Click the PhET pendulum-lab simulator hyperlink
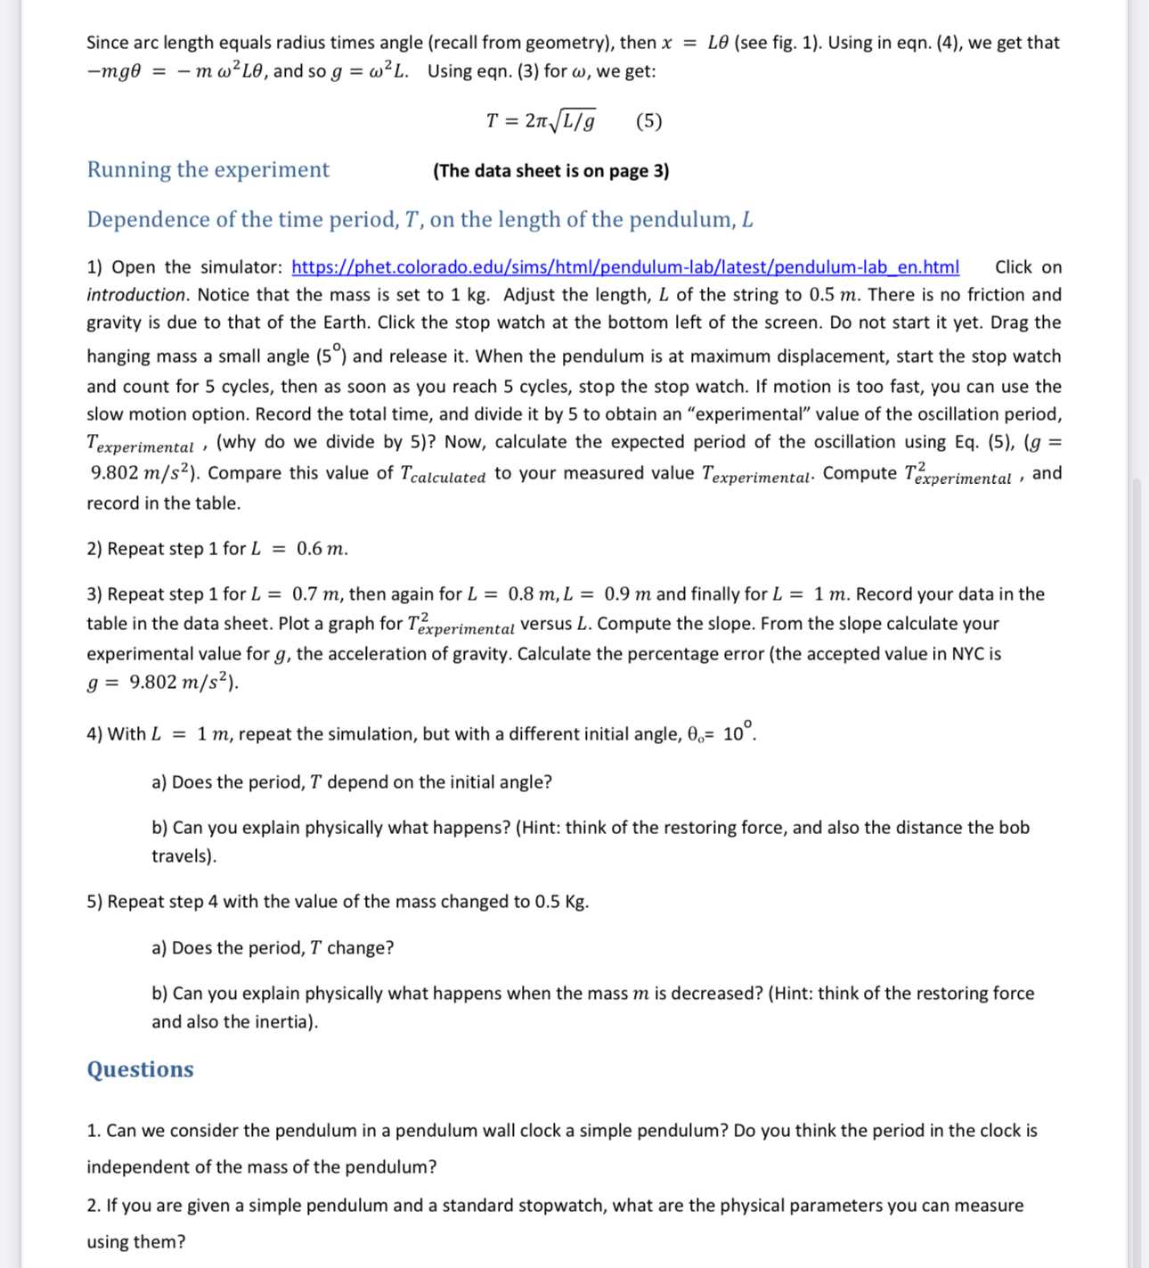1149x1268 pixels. click(625, 267)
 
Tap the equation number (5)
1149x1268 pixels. click(648, 121)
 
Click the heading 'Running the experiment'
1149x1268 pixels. click(208, 170)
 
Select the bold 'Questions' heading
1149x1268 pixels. click(140, 1069)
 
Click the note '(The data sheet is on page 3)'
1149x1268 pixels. click(550, 171)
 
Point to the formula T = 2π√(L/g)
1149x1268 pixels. click(541, 121)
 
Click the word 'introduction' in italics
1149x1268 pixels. click(135, 295)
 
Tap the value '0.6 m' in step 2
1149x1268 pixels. click(322, 549)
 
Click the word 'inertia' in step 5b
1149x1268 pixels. click(283, 1022)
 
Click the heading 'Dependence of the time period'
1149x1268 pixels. click(420, 220)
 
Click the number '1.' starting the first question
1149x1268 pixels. click(94, 1131)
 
